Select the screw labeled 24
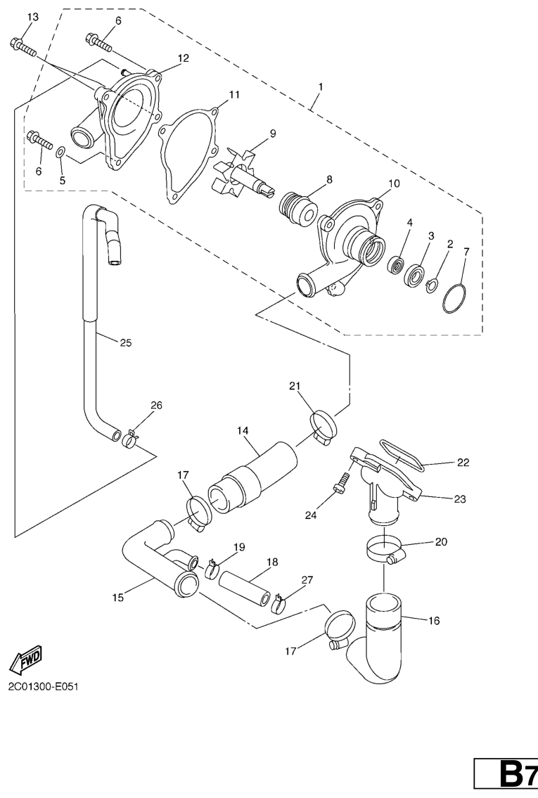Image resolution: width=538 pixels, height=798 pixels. (x=342, y=481)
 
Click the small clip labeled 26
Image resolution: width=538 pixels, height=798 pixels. (x=130, y=440)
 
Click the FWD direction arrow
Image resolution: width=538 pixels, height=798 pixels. (x=30, y=657)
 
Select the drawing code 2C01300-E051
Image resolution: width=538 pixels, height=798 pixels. (x=43, y=686)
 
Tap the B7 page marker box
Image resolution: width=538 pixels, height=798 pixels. (x=506, y=778)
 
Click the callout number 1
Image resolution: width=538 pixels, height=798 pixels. (x=320, y=86)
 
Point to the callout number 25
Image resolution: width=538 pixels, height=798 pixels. (x=125, y=342)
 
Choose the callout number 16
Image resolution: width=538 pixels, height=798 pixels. (x=434, y=621)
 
